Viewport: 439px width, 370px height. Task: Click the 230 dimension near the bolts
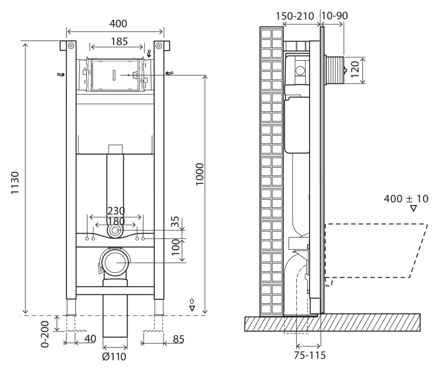tap(116, 211)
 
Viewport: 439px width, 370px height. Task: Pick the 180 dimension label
tap(116, 221)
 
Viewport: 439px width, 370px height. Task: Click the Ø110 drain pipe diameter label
tap(115, 356)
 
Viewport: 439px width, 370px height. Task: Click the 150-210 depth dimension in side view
tap(295, 16)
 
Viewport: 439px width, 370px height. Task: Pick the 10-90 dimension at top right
tap(334, 16)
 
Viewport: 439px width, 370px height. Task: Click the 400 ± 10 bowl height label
tap(406, 199)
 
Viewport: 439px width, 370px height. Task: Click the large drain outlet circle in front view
tap(115, 263)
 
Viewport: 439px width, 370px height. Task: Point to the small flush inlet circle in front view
tap(116, 231)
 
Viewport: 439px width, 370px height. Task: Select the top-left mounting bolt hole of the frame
tap(71, 45)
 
